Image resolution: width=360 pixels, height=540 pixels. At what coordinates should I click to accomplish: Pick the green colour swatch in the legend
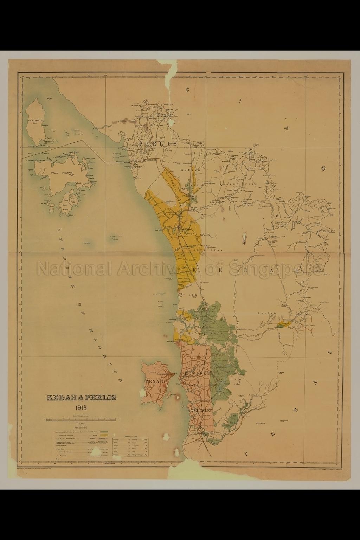pos(104,431)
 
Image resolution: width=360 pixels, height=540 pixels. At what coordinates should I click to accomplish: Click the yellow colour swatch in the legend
pos(104,435)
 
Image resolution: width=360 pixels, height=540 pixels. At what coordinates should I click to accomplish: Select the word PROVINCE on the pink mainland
pos(196,373)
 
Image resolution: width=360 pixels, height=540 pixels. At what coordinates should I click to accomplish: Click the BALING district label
pos(268,313)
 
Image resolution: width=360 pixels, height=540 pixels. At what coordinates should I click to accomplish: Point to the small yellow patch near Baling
pos(283,324)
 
